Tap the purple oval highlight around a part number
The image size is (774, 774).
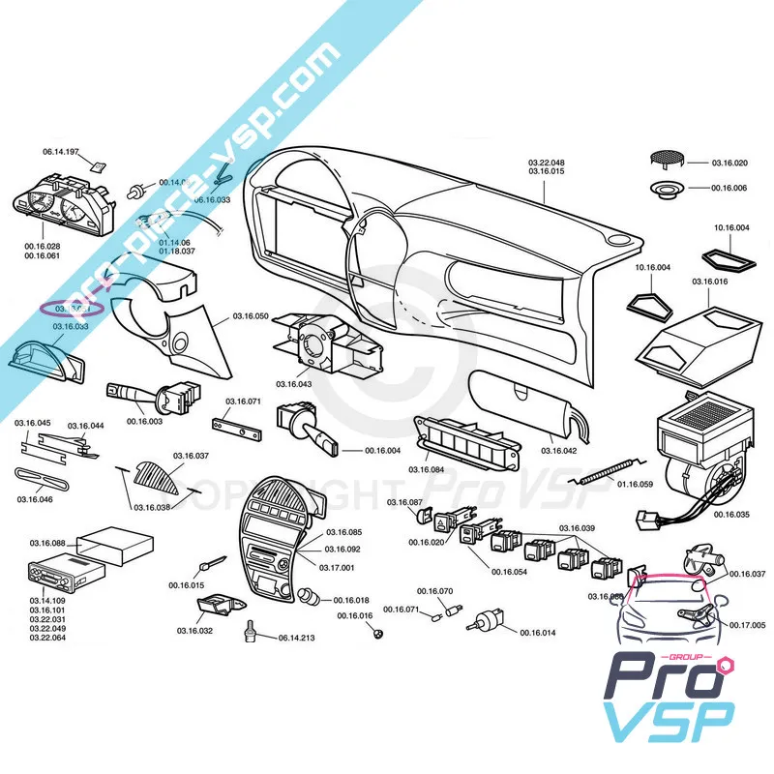[x=70, y=308]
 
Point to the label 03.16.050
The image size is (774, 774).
[x=251, y=316]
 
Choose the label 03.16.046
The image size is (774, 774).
[x=35, y=499]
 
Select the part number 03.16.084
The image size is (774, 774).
[x=427, y=470]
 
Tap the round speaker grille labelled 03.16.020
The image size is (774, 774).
[x=666, y=159]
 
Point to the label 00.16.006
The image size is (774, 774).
[x=729, y=188]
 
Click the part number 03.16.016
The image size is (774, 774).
[x=709, y=282]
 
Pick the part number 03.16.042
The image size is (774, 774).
[x=558, y=451]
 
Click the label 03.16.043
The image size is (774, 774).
[x=293, y=385]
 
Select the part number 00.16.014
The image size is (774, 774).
[x=537, y=633]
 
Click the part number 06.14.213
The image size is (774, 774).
[x=296, y=639]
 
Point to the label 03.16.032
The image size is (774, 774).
[x=194, y=631]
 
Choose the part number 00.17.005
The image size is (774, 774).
[x=747, y=625]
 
